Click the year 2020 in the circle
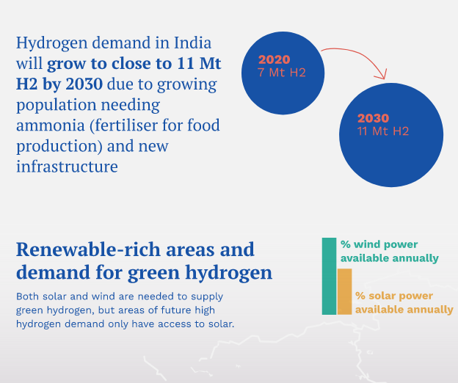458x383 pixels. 274,59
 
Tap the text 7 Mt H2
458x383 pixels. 282,73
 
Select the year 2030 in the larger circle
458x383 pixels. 374,118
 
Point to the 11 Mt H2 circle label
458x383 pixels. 383,131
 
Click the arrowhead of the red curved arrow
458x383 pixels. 382,75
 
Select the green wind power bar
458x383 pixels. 329,276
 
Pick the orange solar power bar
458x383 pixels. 345,291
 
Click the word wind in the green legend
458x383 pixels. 366,244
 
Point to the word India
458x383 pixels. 192,43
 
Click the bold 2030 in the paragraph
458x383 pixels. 84,84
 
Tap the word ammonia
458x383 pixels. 50,125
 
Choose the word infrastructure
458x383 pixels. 68,167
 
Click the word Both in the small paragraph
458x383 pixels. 27,296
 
